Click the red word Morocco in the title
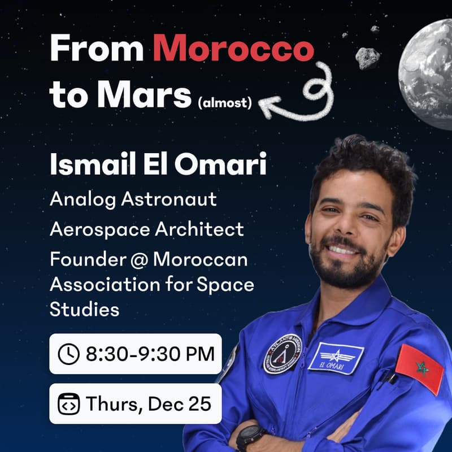(x=233, y=50)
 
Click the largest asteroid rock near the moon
(x=367, y=58)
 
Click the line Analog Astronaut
(x=133, y=199)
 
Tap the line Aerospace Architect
(x=147, y=229)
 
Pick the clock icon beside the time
(x=68, y=354)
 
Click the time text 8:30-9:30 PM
(x=150, y=354)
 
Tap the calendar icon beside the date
(x=68, y=404)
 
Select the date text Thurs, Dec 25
(x=149, y=404)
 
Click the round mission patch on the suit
(x=282, y=354)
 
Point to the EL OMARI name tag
(x=336, y=358)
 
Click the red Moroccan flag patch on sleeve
(x=419, y=369)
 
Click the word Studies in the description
(x=85, y=310)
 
